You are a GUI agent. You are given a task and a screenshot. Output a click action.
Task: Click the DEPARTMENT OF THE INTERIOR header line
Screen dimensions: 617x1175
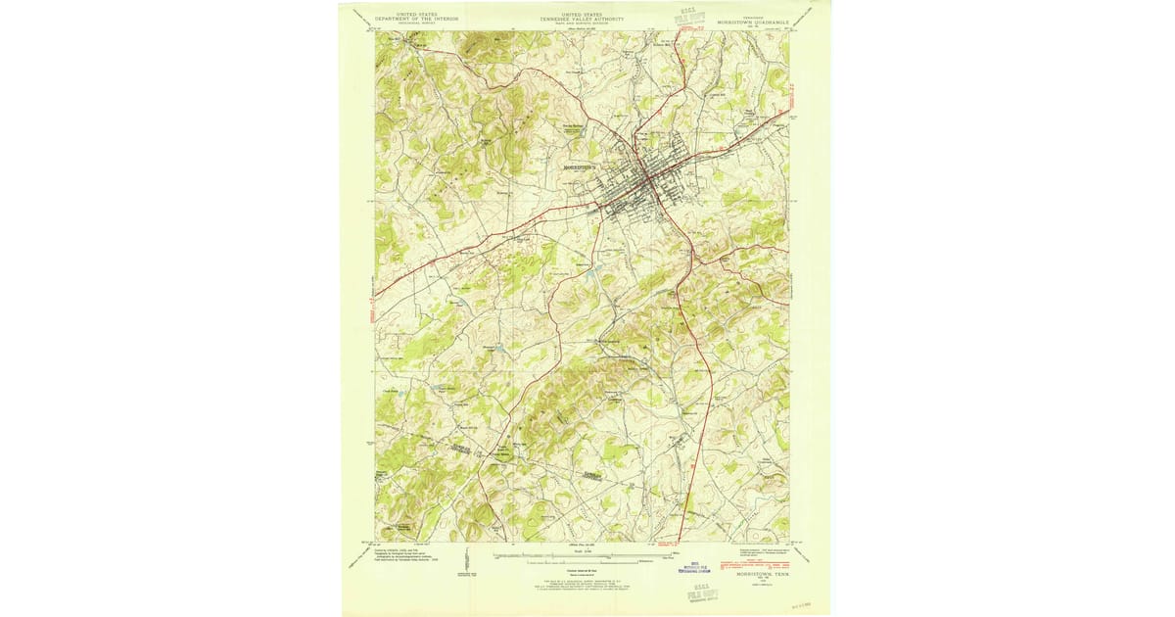click(411, 18)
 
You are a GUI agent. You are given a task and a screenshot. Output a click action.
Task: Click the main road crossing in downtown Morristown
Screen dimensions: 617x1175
click(646, 182)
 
